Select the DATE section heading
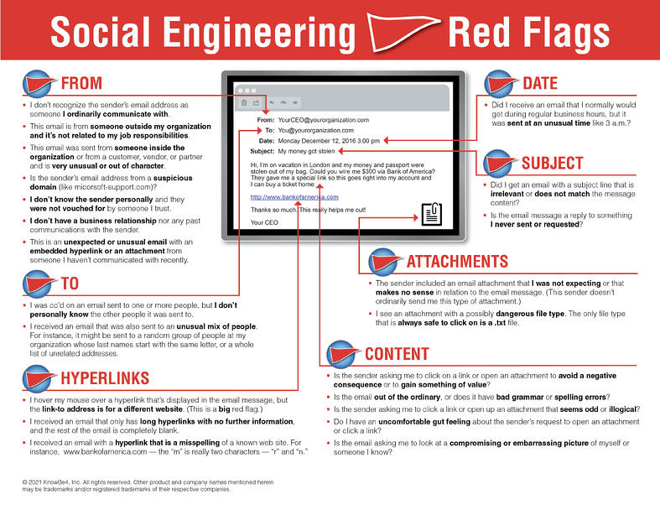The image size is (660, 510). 545,84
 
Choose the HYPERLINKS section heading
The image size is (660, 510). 106,377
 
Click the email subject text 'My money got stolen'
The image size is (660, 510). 307,152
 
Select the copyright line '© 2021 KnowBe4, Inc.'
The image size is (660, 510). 50,481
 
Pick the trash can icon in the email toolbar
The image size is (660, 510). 244,103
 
